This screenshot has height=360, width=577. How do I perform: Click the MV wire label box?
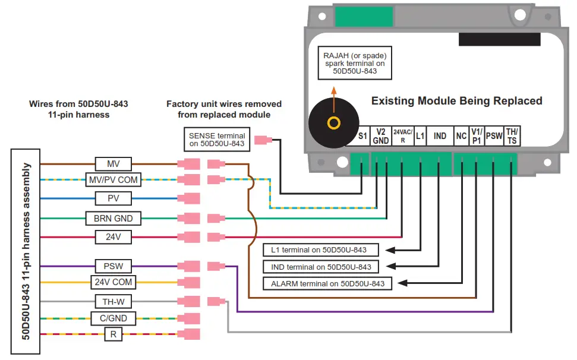click(113, 163)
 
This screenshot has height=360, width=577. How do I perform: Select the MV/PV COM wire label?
click(113, 179)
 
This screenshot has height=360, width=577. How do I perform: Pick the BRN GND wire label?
click(113, 219)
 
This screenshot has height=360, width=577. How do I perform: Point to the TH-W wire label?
click(113, 301)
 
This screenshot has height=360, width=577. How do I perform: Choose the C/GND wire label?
click(113, 318)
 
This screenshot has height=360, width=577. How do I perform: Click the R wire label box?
click(113, 334)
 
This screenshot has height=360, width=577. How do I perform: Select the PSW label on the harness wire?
click(113, 266)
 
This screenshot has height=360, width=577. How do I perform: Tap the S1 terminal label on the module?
click(362, 136)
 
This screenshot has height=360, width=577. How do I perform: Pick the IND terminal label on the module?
click(440, 136)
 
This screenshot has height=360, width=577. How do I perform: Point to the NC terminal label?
click(461, 136)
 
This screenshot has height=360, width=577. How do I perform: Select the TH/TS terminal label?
click(512, 136)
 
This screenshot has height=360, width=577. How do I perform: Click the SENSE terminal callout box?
click(216, 139)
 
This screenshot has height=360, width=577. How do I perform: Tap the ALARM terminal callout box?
click(327, 283)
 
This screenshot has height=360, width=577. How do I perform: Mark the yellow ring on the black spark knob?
click(334, 123)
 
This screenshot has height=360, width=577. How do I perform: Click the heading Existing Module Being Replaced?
click(456, 101)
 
